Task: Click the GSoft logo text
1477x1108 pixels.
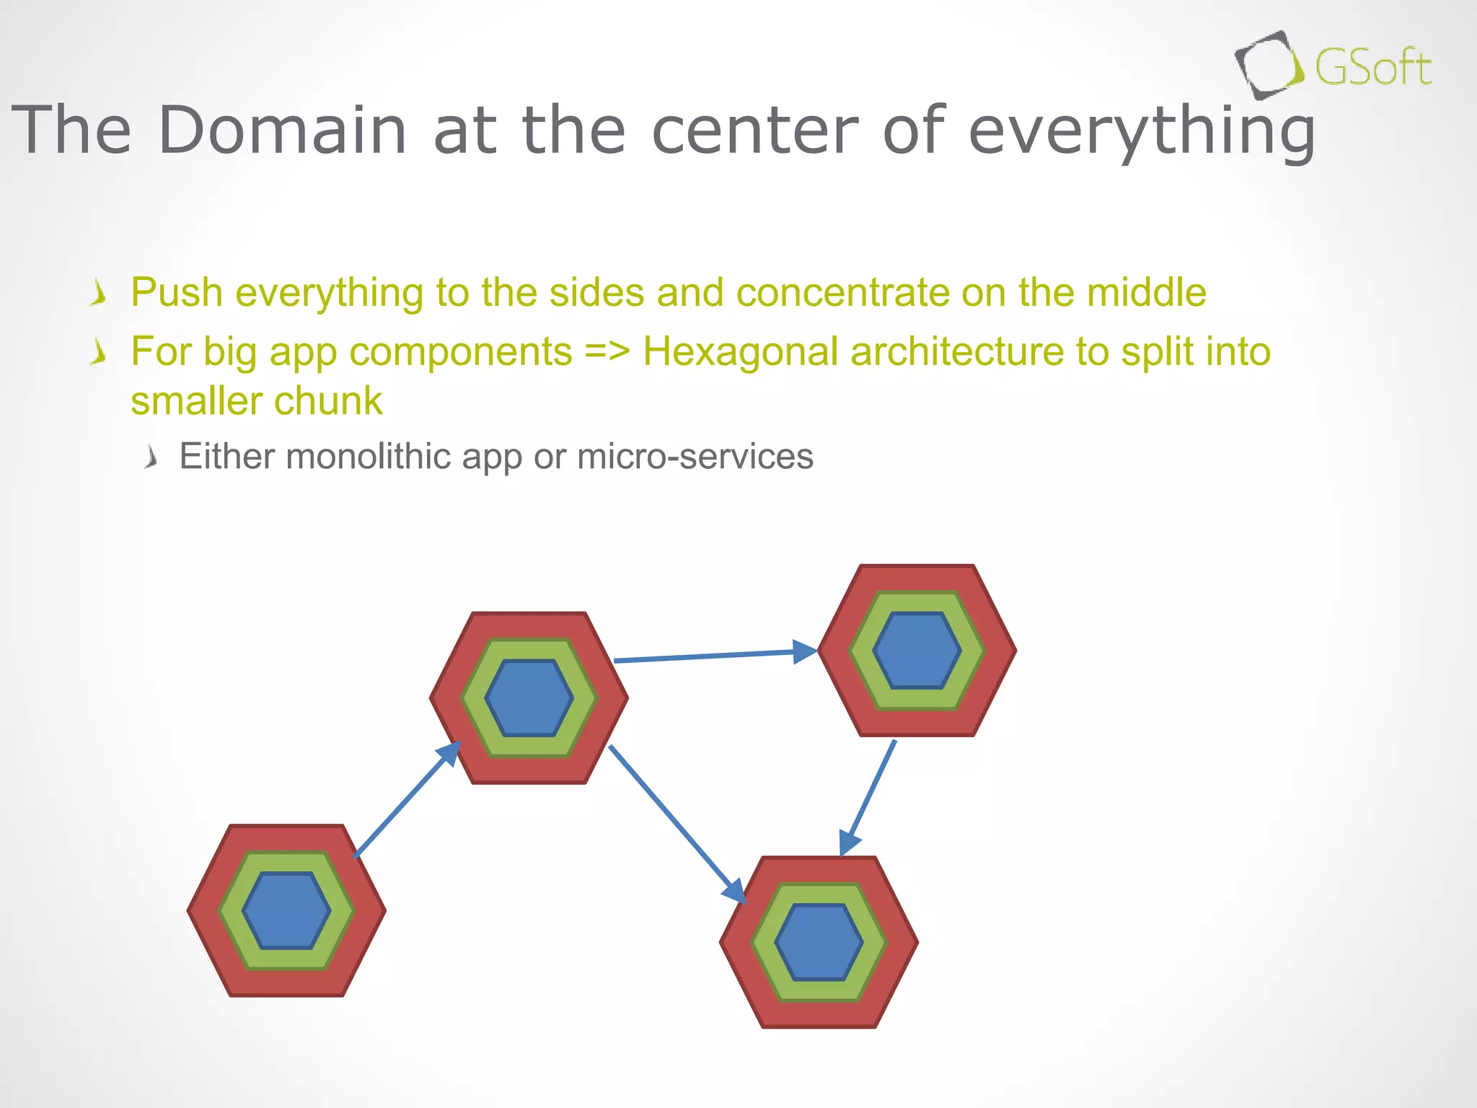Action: coord(1372,69)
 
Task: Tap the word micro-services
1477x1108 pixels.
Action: coord(695,457)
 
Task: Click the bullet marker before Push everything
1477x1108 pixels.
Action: coord(99,294)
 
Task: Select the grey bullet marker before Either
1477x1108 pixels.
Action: coord(150,457)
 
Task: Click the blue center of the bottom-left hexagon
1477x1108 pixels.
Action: coord(286,910)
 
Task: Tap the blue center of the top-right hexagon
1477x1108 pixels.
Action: coord(917,650)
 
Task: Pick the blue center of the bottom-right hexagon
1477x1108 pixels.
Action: coord(819,942)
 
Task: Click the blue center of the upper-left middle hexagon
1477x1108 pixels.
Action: coord(529,698)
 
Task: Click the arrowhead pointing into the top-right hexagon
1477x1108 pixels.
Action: coord(804,651)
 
